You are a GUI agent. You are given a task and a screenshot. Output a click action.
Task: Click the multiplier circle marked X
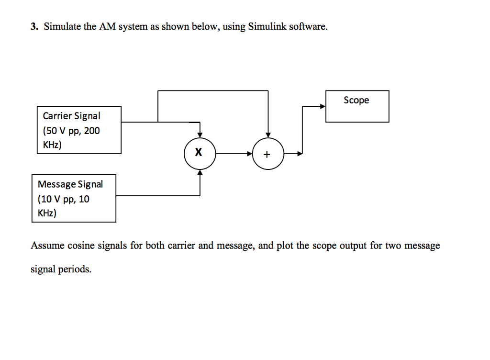200,154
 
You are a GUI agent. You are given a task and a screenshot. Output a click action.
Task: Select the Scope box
357,106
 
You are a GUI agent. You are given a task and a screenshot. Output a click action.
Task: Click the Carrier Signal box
79,130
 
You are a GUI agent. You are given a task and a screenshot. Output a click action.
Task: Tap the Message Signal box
74,198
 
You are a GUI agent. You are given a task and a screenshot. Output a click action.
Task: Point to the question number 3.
33,27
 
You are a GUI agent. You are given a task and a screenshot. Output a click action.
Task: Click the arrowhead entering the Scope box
323,106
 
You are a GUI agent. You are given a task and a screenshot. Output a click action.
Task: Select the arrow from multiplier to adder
234,154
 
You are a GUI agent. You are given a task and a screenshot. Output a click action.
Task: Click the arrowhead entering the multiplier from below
200,173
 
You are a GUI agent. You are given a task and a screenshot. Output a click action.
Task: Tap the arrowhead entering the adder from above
268,135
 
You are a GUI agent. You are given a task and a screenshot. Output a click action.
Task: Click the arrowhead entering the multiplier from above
200,135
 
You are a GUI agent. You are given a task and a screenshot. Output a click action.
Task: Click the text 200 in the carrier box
92,131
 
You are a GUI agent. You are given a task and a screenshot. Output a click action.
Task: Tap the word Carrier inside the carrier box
57,116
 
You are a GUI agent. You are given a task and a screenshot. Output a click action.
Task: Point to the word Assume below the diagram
47,246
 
